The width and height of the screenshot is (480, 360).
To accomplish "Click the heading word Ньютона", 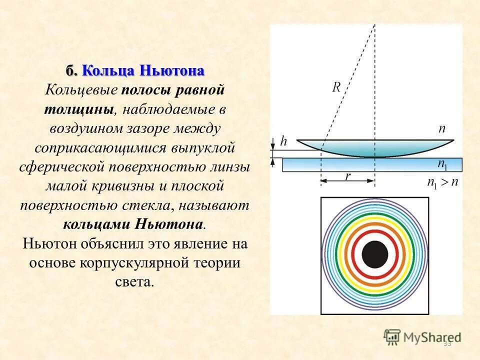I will (172, 70).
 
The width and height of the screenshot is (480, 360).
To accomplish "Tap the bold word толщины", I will (81, 109).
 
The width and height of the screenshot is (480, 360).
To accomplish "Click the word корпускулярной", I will (132, 263).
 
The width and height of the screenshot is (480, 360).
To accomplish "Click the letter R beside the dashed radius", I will (336, 87).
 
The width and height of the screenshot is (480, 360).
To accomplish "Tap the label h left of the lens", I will (284, 141).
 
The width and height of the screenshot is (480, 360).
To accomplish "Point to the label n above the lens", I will (442, 128).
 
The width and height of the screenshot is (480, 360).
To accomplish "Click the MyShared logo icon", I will (392, 337).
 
